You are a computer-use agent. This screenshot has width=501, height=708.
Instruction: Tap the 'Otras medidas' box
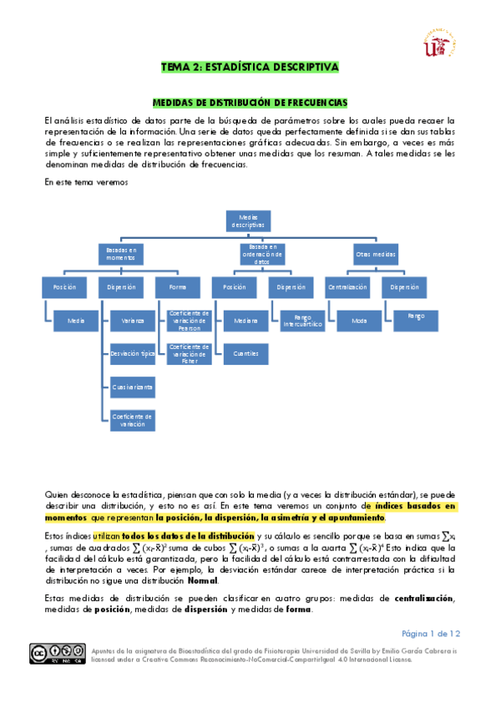tap(376, 253)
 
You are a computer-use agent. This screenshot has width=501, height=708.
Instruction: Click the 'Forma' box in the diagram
tap(173, 287)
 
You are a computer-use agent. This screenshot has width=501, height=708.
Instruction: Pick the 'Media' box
tap(76, 319)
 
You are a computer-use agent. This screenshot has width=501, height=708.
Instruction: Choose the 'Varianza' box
tap(133, 319)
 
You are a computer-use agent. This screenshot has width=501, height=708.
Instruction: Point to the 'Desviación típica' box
tap(133, 353)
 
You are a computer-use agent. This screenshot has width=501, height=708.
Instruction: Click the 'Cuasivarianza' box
tap(133, 387)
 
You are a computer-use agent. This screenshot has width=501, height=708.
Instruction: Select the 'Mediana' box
tap(245, 319)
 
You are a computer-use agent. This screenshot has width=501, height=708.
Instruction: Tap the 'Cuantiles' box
tap(245, 353)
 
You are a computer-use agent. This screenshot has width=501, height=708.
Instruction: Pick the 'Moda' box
tap(360, 319)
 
